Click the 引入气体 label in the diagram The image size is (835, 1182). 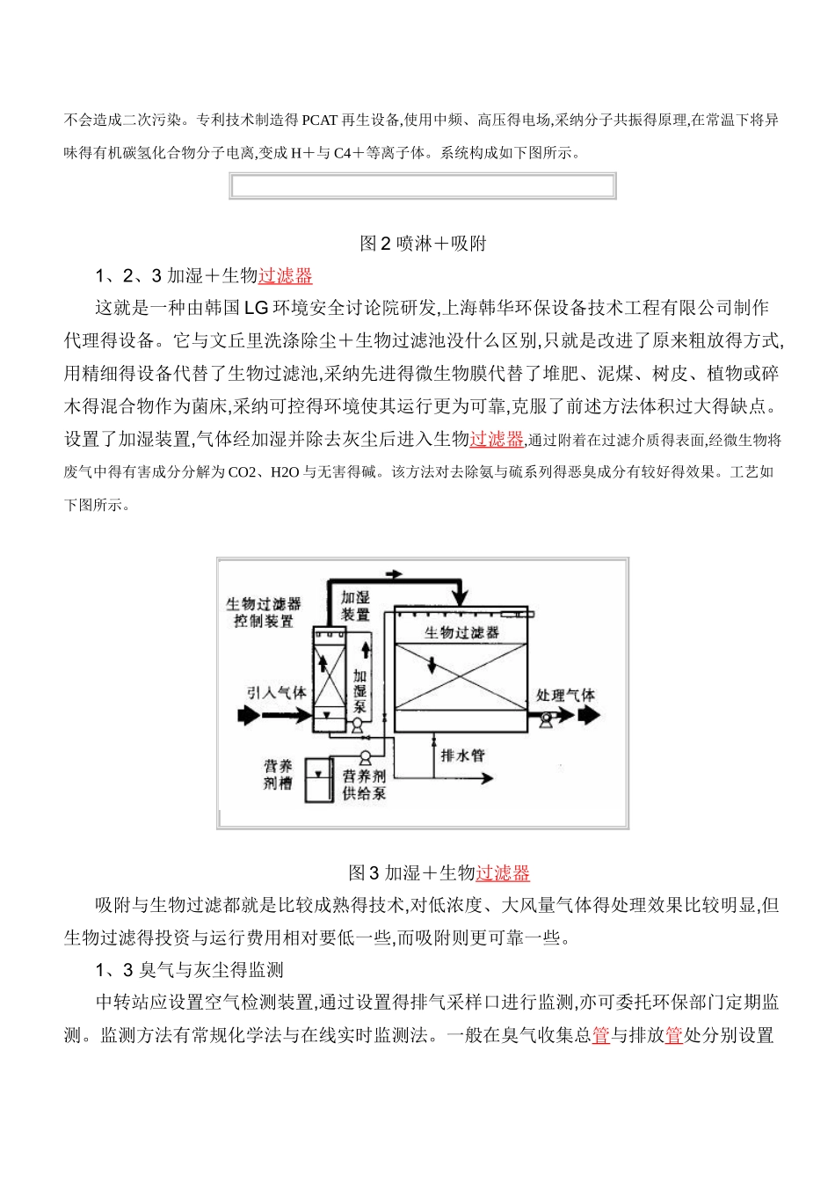pos(277,693)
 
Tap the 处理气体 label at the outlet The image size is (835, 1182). pos(565,695)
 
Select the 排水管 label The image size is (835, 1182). pos(462,755)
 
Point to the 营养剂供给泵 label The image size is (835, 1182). pos(364,784)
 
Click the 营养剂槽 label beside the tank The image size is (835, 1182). pos(278,776)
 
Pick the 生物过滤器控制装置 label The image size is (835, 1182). pos(263,612)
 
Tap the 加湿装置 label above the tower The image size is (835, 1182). pos(355,606)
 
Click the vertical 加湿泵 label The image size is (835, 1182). pos(359,690)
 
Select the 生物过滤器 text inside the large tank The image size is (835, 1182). pos(461,632)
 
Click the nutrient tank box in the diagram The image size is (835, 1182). pos(318,779)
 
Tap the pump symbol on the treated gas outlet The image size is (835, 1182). pos(547,718)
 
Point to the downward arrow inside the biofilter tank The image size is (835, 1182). pos(432,662)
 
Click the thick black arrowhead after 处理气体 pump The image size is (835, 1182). pos(589,716)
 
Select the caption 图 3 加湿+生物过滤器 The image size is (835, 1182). pos(439,872)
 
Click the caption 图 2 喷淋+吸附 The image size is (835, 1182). pos(423,244)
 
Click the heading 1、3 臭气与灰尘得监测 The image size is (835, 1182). pos(190,970)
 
